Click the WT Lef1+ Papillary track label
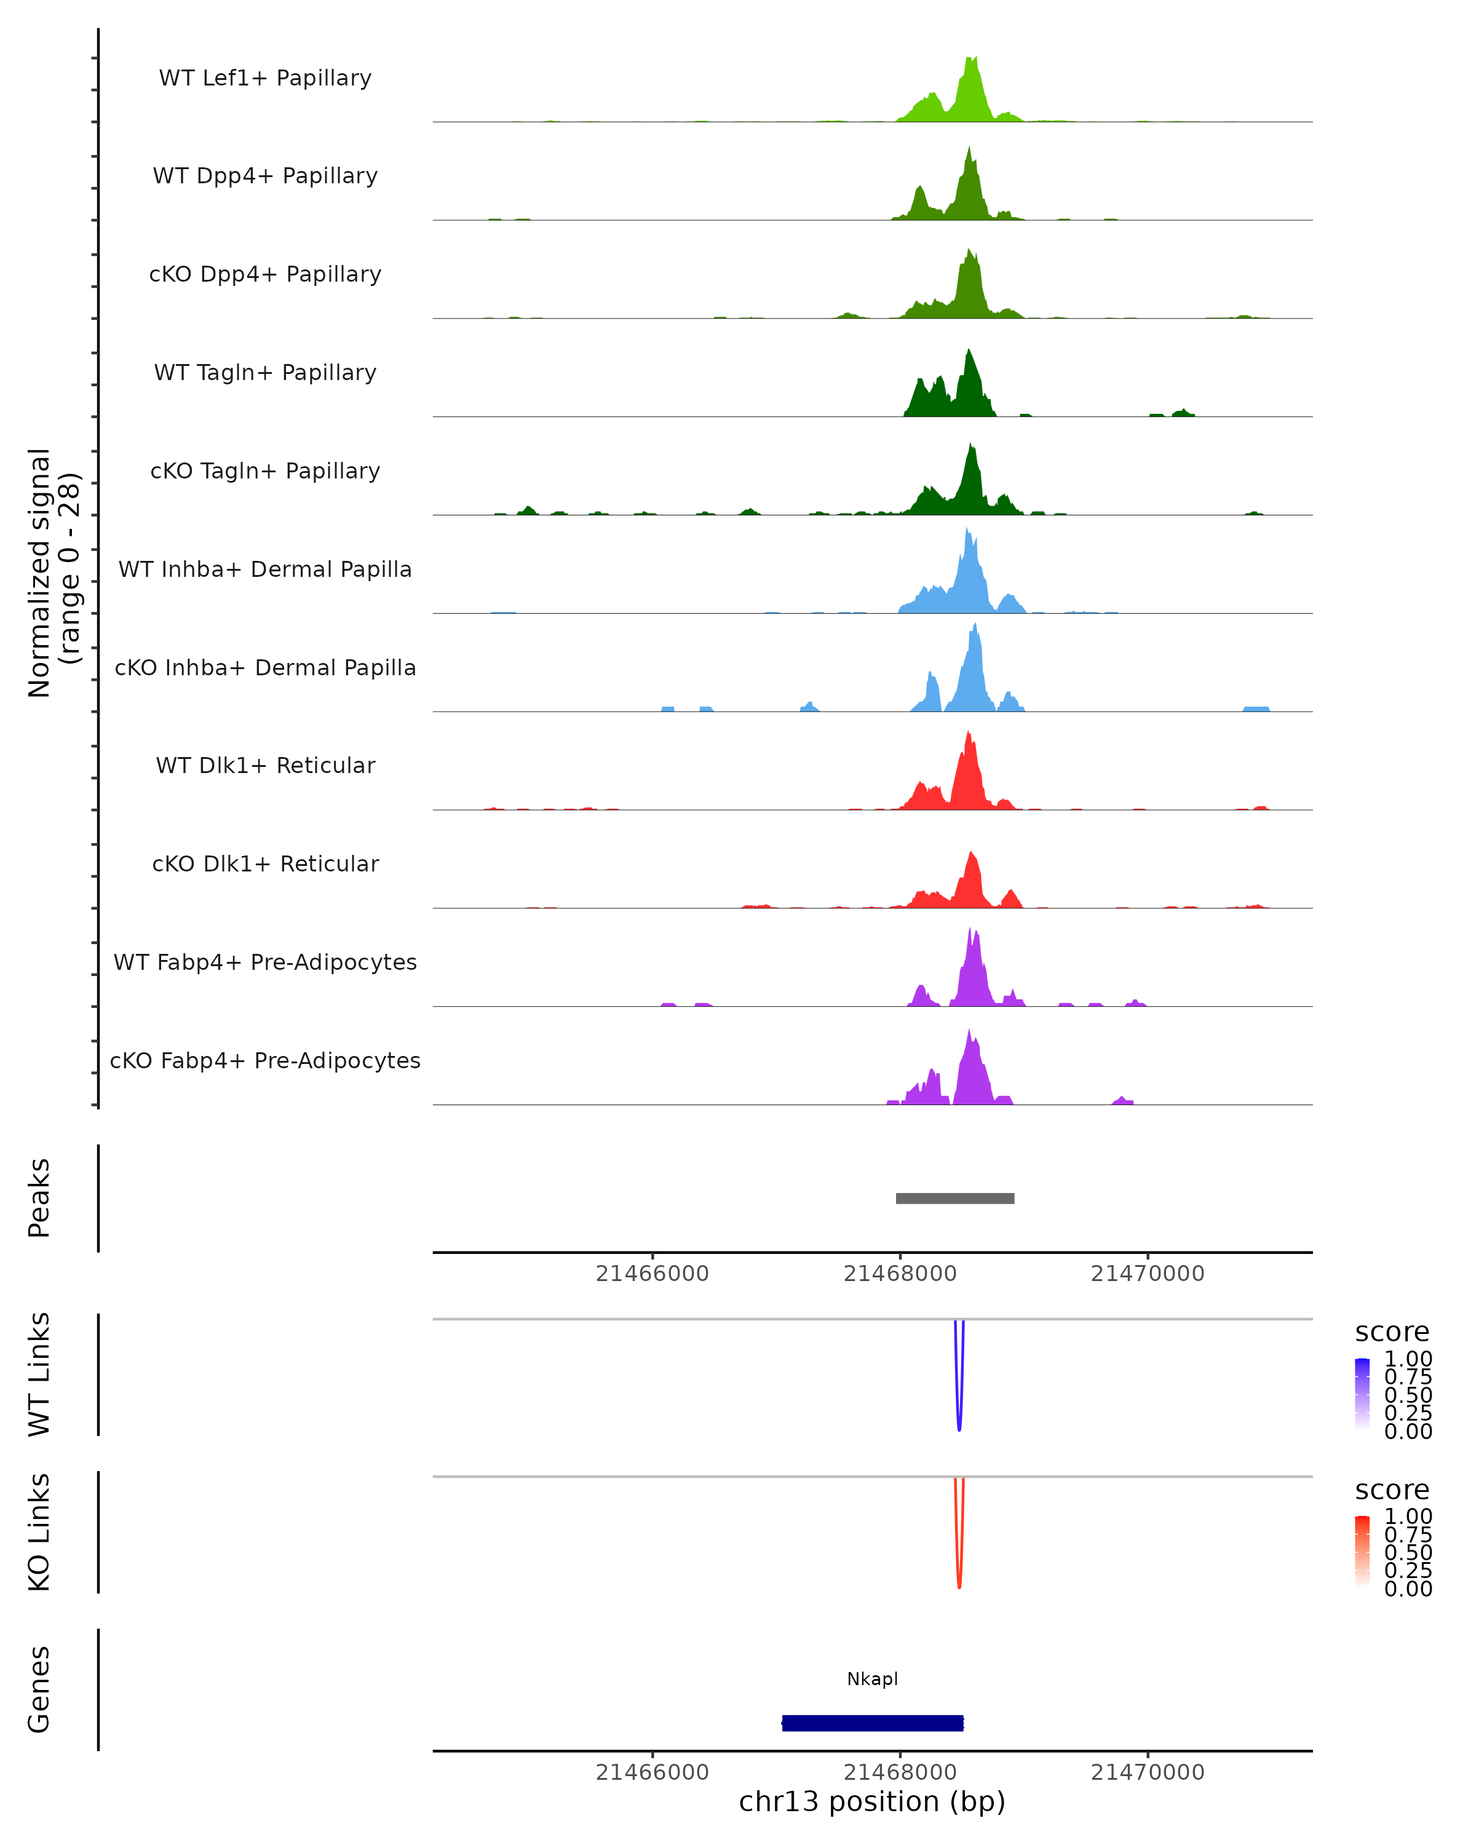pos(265,78)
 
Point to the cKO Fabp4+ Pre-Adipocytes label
pos(265,1060)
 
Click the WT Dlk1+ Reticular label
pos(265,765)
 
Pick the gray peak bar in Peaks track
pos(955,1198)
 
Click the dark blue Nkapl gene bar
pos(873,1723)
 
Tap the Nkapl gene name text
pos(873,1679)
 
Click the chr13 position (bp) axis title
pos(872,1802)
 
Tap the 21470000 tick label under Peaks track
pos(1148,1274)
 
